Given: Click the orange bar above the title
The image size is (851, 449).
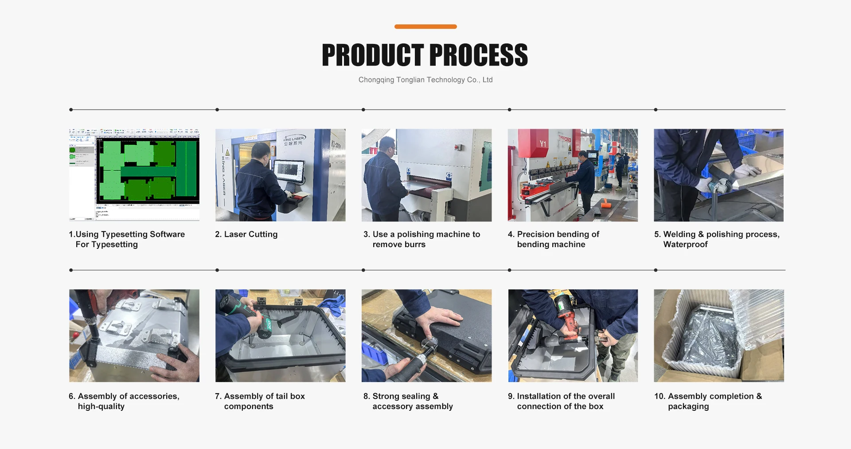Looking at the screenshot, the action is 425,27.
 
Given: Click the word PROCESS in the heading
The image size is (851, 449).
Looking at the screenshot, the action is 479,55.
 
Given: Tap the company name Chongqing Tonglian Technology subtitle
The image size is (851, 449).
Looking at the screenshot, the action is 425,80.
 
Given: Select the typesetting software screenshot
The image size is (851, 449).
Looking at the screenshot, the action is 134,175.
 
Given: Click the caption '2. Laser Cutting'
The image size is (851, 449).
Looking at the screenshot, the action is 246,234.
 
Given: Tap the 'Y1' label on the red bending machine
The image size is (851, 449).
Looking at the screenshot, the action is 543,144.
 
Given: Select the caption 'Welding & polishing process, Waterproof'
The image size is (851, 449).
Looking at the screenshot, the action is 717,239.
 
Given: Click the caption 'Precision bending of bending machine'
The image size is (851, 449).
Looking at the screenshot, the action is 554,239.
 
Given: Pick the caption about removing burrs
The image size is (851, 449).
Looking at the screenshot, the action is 422,239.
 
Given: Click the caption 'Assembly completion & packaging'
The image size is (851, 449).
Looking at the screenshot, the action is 708,401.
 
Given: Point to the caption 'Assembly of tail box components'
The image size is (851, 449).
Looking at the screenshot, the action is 260,401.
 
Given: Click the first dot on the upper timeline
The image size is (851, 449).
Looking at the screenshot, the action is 71,110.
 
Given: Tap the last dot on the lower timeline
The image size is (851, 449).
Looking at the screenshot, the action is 656,270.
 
